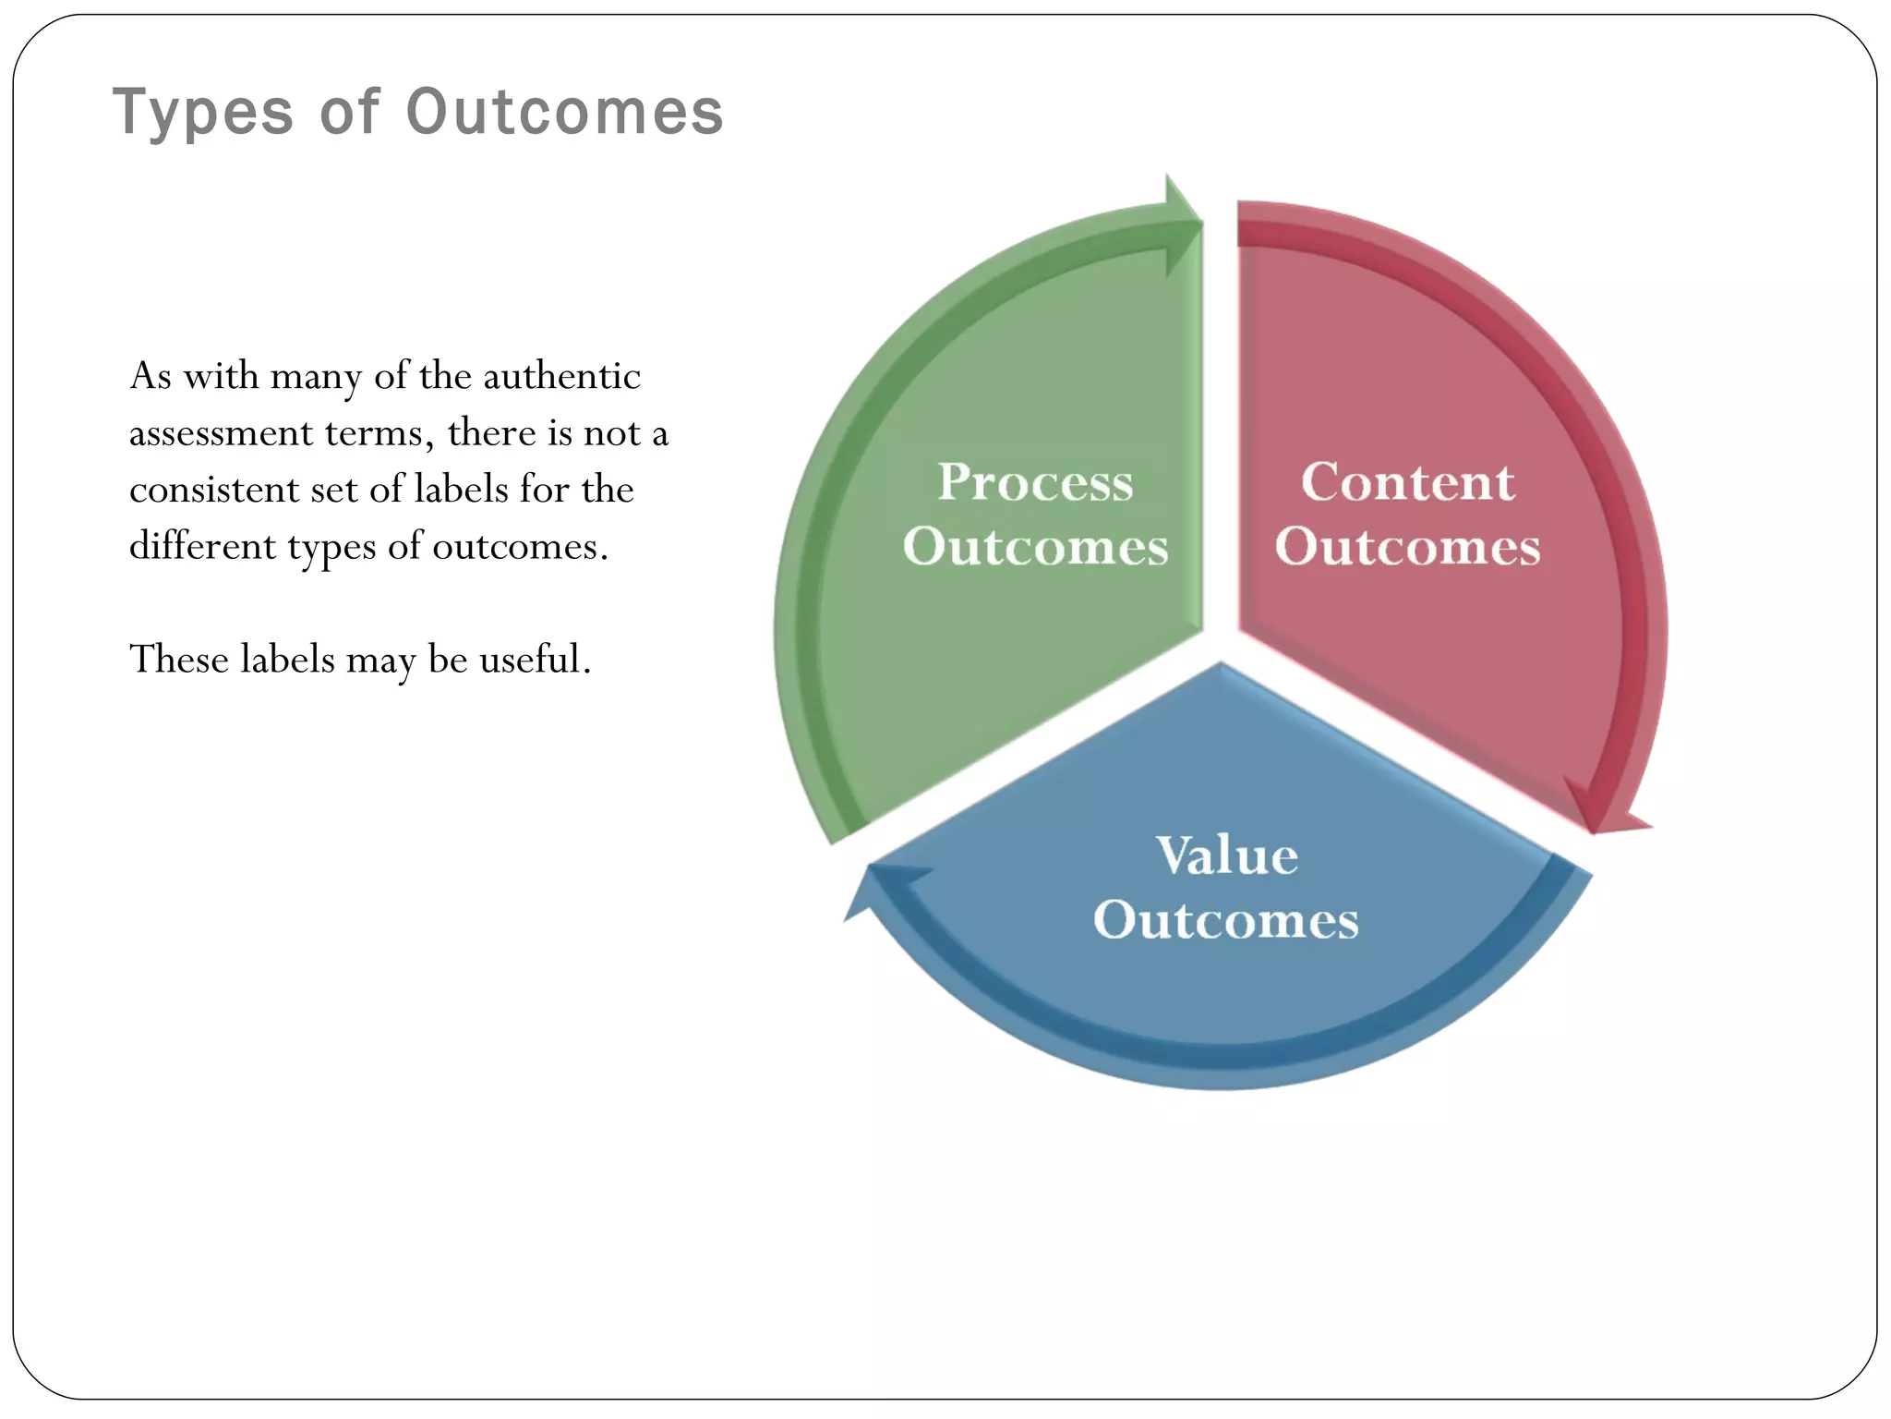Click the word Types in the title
202,113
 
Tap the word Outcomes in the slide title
564,113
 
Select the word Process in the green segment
1035,482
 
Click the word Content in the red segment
1407,482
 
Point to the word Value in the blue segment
1226,855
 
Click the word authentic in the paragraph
561,376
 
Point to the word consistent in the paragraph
213,490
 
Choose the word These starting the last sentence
179,660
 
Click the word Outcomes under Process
1035,547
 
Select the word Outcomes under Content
1407,547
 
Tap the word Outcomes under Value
1226,920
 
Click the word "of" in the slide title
349,113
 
